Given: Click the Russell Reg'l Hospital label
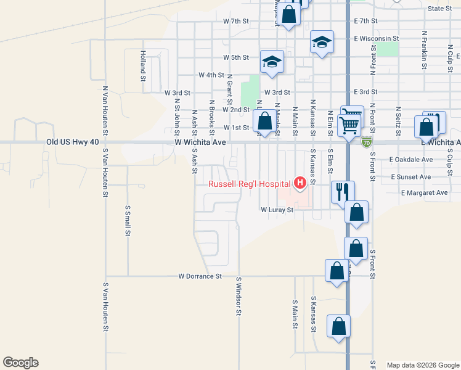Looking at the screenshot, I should click(249, 184).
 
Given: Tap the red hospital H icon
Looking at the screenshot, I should click(300, 183).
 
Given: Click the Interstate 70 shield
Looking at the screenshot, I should click(367, 142).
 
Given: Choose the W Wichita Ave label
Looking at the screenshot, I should click(200, 142).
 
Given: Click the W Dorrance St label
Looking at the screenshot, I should click(200, 276).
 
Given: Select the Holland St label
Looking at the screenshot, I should click(142, 66).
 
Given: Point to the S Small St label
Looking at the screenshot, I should click(128, 221).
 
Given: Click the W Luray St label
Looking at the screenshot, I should click(279, 210).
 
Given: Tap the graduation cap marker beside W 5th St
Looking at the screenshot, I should click(272, 61).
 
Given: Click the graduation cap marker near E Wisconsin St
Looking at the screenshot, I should click(322, 42).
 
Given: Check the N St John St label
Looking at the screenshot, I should click(177, 117).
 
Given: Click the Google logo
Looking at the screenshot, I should click(20, 363).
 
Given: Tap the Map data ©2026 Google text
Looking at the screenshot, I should click(423, 365).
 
